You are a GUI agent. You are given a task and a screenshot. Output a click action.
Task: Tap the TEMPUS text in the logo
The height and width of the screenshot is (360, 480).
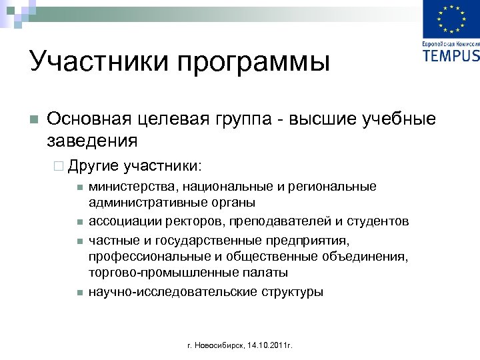coord(451,55)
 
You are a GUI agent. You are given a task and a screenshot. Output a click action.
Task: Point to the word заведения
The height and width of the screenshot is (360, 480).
coord(93,141)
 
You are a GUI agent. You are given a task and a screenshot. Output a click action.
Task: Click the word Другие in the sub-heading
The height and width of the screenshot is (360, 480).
coord(93,164)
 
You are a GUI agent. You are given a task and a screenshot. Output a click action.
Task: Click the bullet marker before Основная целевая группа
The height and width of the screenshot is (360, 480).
coord(35,120)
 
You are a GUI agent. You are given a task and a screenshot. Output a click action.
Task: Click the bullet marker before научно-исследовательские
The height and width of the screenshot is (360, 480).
coord(79,292)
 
